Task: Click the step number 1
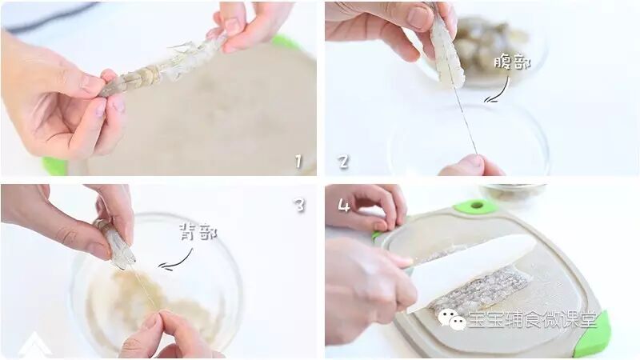point(298,162)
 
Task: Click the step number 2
point(344,162)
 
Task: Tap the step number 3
point(300,205)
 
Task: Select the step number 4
point(344,205)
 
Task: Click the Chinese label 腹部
point(512,62)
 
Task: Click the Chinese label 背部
point(198,233)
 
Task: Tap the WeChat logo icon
point(452,318)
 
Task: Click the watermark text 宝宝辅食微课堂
point(532,319)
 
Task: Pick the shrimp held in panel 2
point(448,51)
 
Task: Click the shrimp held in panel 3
point(115,244)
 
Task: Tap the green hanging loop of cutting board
point(476,206)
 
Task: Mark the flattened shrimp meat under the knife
point(474,282)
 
